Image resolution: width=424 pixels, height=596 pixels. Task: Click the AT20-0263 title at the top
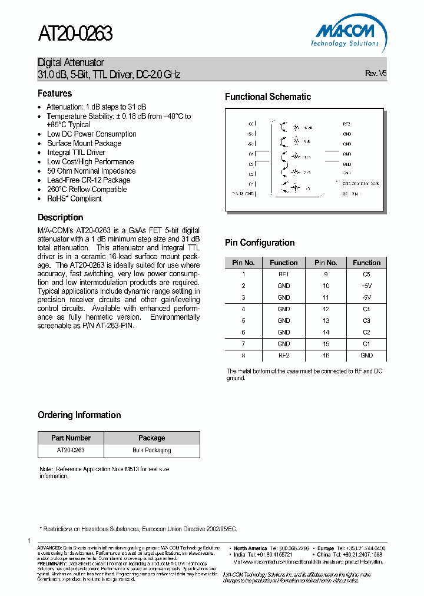click(75, 34)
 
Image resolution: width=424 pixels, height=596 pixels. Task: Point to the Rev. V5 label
click(376, 74)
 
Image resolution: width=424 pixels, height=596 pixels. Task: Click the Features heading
click(55, 94)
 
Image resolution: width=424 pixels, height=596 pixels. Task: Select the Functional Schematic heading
click(268, 97)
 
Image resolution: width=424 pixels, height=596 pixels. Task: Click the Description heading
click(60, 217)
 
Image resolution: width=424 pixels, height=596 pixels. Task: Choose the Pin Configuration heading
click(260, 243)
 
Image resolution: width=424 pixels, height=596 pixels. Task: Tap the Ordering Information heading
click(79, 415)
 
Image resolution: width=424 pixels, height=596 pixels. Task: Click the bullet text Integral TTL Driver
click(76, 153)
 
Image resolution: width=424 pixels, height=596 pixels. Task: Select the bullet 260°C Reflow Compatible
click(87, 190)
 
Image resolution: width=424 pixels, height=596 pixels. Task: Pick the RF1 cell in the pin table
click(284, 274)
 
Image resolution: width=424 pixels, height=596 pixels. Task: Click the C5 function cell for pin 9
click(366, 274)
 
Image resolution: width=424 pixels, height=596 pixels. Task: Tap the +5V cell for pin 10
click(366, 286)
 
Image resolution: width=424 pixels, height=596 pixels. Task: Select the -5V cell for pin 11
click(366, 297)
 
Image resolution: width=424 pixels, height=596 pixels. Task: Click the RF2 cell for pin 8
click(284, 356)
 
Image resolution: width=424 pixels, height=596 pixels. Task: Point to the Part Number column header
click(71, 438)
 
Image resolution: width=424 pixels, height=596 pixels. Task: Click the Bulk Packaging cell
click(151, 451)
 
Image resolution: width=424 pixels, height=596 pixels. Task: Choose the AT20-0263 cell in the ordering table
click(71, 451)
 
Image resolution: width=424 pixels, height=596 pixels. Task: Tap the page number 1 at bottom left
click(28, 541)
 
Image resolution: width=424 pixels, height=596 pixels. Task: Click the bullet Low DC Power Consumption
click(92, 134)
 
